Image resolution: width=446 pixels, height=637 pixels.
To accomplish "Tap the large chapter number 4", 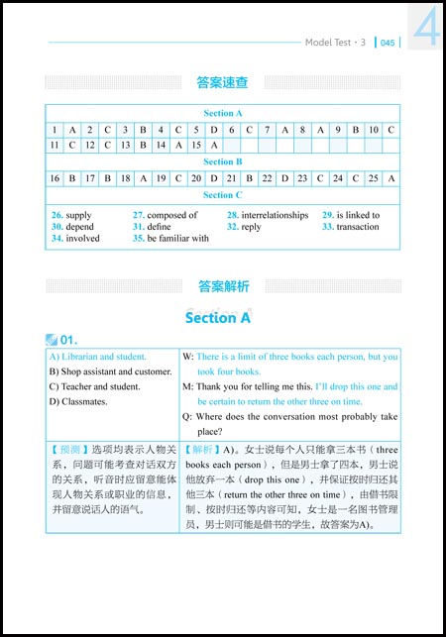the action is click(426, 27).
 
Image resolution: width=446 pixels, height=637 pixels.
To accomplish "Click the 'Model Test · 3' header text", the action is click(335, 43).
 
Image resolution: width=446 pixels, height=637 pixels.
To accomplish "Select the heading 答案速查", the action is click(222, 82).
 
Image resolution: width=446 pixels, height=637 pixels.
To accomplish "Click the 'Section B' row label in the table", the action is click(223, 161).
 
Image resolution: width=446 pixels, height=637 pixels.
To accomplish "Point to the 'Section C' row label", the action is click(223, 195).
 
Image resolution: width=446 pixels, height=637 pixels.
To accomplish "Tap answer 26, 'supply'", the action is click(71, 215).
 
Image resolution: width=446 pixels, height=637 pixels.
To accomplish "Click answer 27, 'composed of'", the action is click(166, 215).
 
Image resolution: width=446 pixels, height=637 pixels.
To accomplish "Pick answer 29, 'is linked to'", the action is click(351, 215).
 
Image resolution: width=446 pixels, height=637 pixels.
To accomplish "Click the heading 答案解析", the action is click(222, 286).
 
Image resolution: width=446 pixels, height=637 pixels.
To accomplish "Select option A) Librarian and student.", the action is click(97, 357).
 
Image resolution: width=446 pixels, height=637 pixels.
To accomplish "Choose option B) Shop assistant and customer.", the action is click(109, 372).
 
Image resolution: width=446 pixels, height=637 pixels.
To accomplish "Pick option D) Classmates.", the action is click(78, 401).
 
